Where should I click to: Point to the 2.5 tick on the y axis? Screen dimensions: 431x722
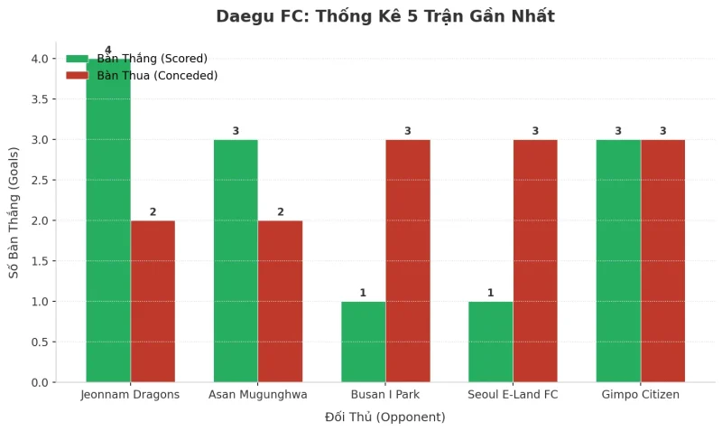[42, 180]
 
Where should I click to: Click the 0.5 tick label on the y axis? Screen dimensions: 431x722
[42, 342]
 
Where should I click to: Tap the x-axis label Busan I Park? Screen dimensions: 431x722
[385, 395]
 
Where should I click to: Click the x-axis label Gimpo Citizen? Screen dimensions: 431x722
[640, 395]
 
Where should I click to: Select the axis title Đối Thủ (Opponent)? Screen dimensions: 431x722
[385, 417]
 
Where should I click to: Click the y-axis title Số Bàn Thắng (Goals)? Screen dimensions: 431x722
[14, 212]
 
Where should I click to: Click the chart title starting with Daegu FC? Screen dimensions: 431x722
[385, 16]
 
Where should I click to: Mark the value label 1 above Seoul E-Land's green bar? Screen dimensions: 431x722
[490, 293]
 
